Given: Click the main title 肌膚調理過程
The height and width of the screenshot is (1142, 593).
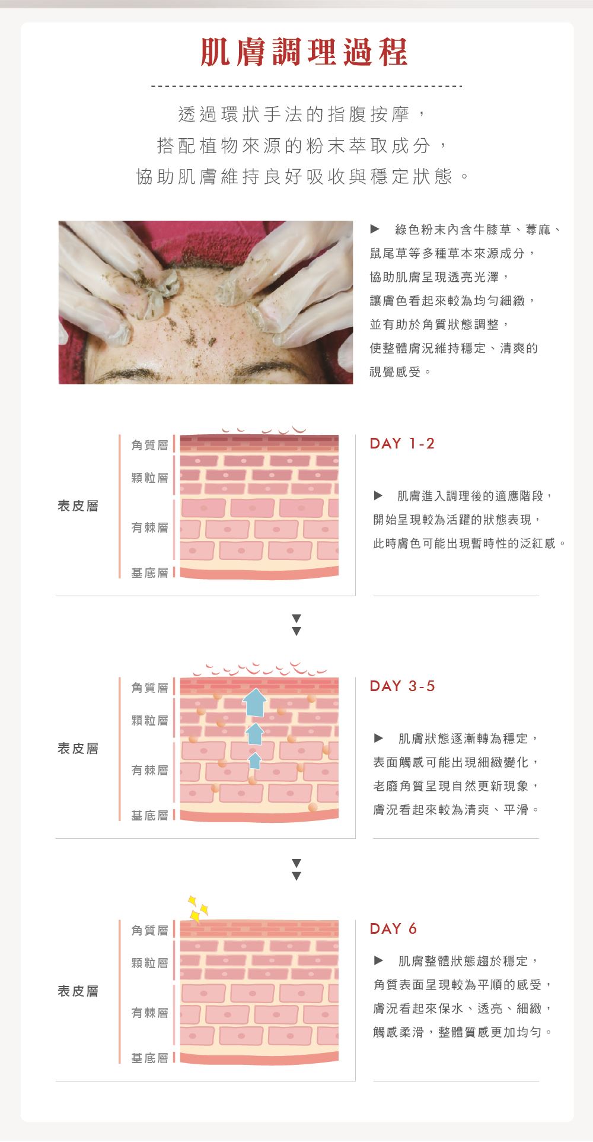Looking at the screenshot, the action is coord(304,52).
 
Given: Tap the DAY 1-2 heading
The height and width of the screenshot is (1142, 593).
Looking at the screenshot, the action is coord(402,444).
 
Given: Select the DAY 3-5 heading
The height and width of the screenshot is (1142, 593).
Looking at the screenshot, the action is coord(402,686).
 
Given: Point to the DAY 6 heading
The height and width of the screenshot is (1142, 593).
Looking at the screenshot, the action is coord(393,929).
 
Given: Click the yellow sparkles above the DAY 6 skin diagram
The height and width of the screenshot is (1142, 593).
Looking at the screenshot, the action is coord(197,909).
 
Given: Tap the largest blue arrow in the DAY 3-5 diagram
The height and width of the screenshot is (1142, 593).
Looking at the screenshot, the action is coord(254,702).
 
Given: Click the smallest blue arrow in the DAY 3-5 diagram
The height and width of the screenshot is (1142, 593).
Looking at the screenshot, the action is coord(255,761).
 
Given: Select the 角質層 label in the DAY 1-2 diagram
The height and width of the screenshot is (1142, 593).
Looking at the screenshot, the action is coord(149,445).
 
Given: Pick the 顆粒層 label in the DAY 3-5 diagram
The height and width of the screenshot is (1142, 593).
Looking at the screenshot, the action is coord(149,720).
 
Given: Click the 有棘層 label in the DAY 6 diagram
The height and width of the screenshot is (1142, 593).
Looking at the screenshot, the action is coord(149,1013).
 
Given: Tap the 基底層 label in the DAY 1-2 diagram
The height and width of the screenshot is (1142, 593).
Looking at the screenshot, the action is coord(149,572).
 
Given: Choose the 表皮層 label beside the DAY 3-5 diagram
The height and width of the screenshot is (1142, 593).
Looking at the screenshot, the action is coord(78,749).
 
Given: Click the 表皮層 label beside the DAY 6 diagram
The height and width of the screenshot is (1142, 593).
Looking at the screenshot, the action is coord(78,991).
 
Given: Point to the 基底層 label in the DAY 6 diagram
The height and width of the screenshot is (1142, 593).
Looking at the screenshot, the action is coord(149,1058).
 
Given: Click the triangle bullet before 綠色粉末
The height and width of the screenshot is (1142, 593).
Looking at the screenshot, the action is coord(374,228).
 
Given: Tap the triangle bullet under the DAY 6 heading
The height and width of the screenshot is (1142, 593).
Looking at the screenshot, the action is coord(378,960).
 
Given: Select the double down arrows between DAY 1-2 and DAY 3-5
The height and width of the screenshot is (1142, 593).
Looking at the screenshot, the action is coord(296,625).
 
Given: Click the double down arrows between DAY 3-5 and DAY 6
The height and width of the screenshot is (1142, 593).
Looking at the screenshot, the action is coord(296,869).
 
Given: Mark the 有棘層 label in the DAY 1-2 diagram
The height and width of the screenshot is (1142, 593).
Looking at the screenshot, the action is coord(149,527).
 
